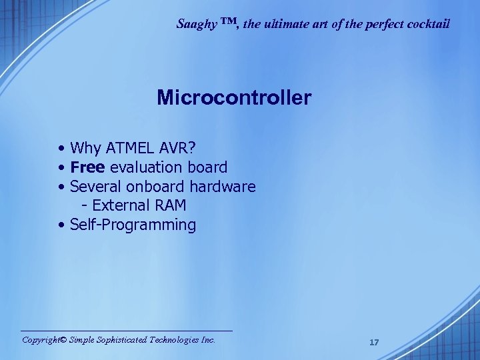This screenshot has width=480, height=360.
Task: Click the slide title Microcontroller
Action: (x=234, y=98)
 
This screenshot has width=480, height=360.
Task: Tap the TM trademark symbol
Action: (x=229, y=22)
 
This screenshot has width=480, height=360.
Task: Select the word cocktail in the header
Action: (x=429, y=24)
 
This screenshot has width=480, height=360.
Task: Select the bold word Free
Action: (x=87, y=167)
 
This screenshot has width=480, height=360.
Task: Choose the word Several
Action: (x=95, y=186)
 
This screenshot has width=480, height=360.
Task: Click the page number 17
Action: (x=374, y=342)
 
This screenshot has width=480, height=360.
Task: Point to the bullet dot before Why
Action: (x=61, y=147)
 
